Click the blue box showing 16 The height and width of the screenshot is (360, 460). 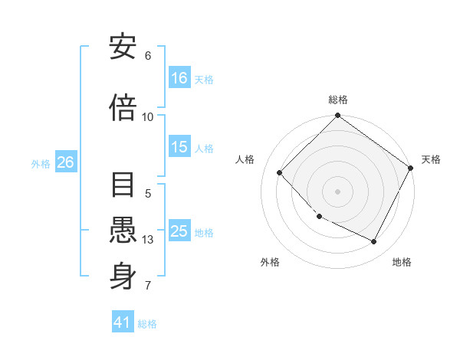[179, 78]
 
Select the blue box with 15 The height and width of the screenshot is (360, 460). [179, 148]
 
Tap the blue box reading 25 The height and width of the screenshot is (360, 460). [179, 231]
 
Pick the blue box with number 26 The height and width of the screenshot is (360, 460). [65, 162]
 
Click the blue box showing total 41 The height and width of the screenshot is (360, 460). [123, 322]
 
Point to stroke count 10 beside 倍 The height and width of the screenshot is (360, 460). [148, 117]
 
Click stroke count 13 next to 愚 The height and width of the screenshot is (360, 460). [148, 240]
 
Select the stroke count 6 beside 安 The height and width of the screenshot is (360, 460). [148, 56]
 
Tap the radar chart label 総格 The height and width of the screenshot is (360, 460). [338, 100]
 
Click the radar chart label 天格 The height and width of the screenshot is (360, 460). [431, 159]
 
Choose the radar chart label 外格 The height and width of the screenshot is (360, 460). [270, 262]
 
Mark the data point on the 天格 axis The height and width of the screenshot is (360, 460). [412, 167]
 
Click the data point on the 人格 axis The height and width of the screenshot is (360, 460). [280, 172]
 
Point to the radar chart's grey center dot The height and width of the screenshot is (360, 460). [337, 191]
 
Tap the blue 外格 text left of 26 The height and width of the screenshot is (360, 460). [40, 163]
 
